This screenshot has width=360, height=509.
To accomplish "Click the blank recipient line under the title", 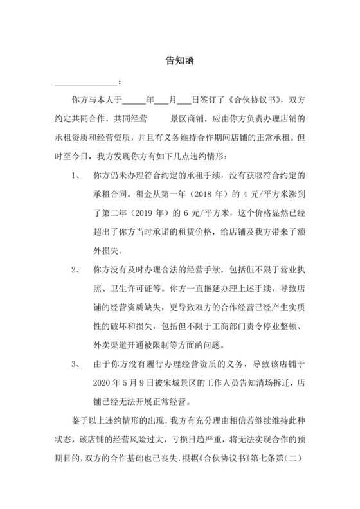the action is (x=86, y=84).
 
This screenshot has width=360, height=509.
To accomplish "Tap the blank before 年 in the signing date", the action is (x=134, y=102).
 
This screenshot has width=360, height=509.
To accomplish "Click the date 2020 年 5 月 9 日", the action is (x=127, y=384).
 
